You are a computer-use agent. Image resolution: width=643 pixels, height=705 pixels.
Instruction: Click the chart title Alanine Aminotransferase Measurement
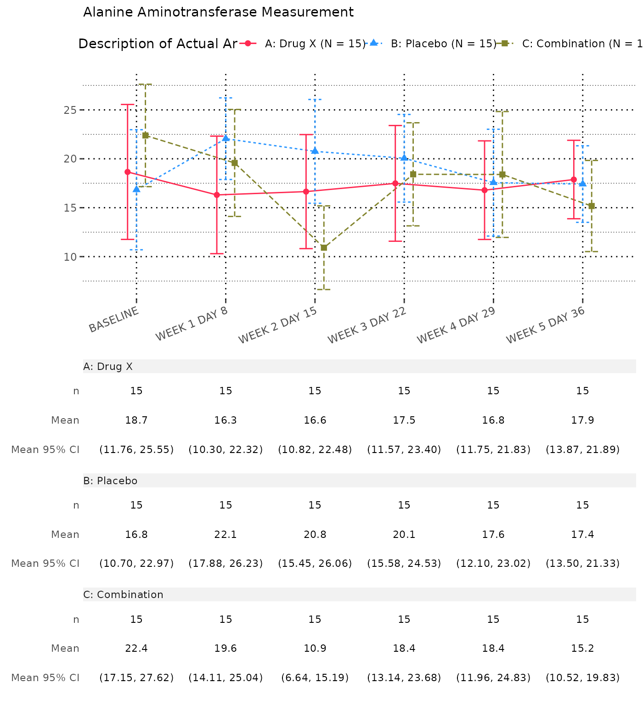click(218, 12)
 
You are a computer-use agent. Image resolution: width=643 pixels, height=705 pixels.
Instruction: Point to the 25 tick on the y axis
click(70, 110)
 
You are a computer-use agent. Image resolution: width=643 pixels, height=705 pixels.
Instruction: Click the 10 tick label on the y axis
click(70, 257)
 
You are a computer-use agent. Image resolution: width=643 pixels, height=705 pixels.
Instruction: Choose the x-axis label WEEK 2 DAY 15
click(278, 325)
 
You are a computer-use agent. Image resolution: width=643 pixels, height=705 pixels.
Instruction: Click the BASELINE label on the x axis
click(114, 319)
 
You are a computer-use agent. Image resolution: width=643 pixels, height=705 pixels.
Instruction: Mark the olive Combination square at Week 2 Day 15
click(324, 248)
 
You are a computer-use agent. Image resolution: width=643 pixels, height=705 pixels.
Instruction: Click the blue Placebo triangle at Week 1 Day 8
click(226, 138)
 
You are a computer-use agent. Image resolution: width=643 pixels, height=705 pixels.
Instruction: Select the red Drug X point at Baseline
click(128, 172)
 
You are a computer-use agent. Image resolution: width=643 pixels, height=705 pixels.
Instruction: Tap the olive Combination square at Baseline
click(145, 135)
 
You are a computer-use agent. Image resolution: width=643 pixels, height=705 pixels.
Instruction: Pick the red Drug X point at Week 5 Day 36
click(574, 179)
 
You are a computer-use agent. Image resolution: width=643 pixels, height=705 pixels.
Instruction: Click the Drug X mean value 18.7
click(136, 420)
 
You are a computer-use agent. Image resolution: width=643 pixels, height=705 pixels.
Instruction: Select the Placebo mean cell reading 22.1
click(226, 535)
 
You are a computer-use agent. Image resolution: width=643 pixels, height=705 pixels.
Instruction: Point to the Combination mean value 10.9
click(315, 649)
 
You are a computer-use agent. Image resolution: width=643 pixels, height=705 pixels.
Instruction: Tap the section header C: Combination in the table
click(123, 595)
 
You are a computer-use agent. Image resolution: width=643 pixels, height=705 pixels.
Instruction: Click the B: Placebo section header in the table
click(110, 481)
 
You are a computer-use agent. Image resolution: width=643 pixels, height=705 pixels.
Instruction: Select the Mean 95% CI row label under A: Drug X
click(45, 450)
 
